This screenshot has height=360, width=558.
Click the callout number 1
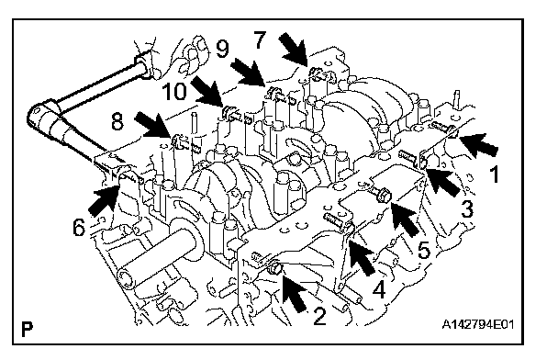coord(495,174)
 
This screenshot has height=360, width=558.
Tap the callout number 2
coord(319,316)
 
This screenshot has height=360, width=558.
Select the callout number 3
coord(467,208)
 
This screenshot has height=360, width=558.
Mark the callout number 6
coord(79,227)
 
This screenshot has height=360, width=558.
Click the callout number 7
coord(260,39)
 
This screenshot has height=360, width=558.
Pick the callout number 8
coord(117,121)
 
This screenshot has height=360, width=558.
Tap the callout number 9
coord(223,49)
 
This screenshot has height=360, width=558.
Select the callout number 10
coord(174,91)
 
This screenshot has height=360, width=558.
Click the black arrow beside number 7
coord(294,50)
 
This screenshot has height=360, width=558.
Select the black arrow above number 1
coord(477,144)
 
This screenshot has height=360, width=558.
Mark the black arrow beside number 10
coord(208,93)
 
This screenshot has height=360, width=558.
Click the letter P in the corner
coord(27,330)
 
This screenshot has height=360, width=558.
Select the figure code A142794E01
coord(478,325)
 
